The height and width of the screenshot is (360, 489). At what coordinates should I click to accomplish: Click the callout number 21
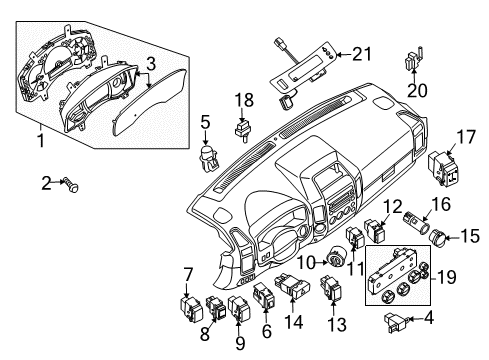[x=361, y=54]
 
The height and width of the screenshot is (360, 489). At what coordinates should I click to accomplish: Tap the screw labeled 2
[x=72, y=185]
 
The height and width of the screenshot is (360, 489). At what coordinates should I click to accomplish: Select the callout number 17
[x=466, y=138]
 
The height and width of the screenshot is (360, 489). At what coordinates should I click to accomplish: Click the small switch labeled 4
[x=396, y=322]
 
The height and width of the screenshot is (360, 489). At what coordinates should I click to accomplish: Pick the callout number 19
[x=446, y=277]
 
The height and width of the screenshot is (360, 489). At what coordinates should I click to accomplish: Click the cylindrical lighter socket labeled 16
[x=417, y=224]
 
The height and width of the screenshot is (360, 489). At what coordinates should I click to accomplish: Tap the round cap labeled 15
[x=437, y=237]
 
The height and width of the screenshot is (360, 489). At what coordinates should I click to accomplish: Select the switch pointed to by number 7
[x=191, y=309]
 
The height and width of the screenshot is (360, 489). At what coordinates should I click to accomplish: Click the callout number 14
[x=294, y=322]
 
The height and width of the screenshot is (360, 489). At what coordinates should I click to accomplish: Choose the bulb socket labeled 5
[x=209, y=157]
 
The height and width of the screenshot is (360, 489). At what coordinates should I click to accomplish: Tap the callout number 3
[x=151, y=64]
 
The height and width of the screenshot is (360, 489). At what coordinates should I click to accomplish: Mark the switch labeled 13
[x=330, y=287]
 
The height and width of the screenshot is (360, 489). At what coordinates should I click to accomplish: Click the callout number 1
[x=41, y=141]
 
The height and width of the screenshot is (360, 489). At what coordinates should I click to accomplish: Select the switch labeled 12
[x=375, y=230]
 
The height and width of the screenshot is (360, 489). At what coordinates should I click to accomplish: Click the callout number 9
[x=240, y=344]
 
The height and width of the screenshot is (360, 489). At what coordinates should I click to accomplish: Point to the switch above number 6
[x=264, y=295]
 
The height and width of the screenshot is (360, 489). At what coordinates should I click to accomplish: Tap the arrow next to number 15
[x=453, y=238]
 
